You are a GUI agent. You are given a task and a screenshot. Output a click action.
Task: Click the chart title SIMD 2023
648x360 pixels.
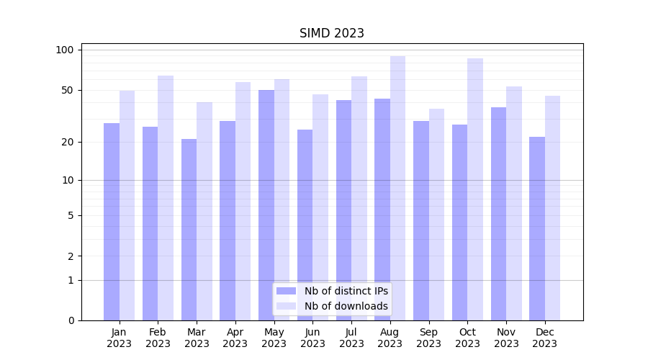[332, 33]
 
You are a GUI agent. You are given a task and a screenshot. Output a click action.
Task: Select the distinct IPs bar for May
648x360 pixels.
[266, 205]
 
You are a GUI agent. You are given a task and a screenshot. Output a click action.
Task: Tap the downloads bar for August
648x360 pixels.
[397, 188]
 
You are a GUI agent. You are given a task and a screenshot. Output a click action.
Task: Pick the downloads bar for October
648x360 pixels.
[475, 189]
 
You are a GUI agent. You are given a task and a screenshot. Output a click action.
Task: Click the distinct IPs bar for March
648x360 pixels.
[189, 230]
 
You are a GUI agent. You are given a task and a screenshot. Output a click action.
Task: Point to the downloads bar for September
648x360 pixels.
[436, 215]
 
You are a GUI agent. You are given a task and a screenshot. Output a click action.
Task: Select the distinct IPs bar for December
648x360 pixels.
[537, 228]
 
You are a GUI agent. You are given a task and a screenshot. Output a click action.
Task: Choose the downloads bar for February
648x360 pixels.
[166, 198]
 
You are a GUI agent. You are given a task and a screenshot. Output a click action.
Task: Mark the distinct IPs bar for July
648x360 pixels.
[343, 210]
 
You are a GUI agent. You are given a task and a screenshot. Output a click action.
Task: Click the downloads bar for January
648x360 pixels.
[127, 205]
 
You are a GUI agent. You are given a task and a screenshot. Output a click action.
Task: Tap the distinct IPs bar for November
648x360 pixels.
[498, 214]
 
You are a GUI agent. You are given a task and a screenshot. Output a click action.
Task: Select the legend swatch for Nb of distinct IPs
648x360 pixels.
[286, 291]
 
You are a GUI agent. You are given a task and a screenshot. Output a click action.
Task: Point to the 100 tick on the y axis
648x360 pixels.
[65, 50]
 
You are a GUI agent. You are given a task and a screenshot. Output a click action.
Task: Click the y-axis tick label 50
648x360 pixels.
[68, 90]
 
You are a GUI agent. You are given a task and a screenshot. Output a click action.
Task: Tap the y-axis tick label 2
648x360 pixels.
[71, 256]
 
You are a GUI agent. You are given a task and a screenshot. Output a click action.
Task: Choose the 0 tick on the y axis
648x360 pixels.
[71, 320]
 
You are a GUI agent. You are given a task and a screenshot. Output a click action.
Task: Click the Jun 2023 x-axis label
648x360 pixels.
[312, 338]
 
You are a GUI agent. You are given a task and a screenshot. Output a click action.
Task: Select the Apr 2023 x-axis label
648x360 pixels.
[235, 338]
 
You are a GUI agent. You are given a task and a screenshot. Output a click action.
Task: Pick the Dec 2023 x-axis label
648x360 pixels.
[545, 338]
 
